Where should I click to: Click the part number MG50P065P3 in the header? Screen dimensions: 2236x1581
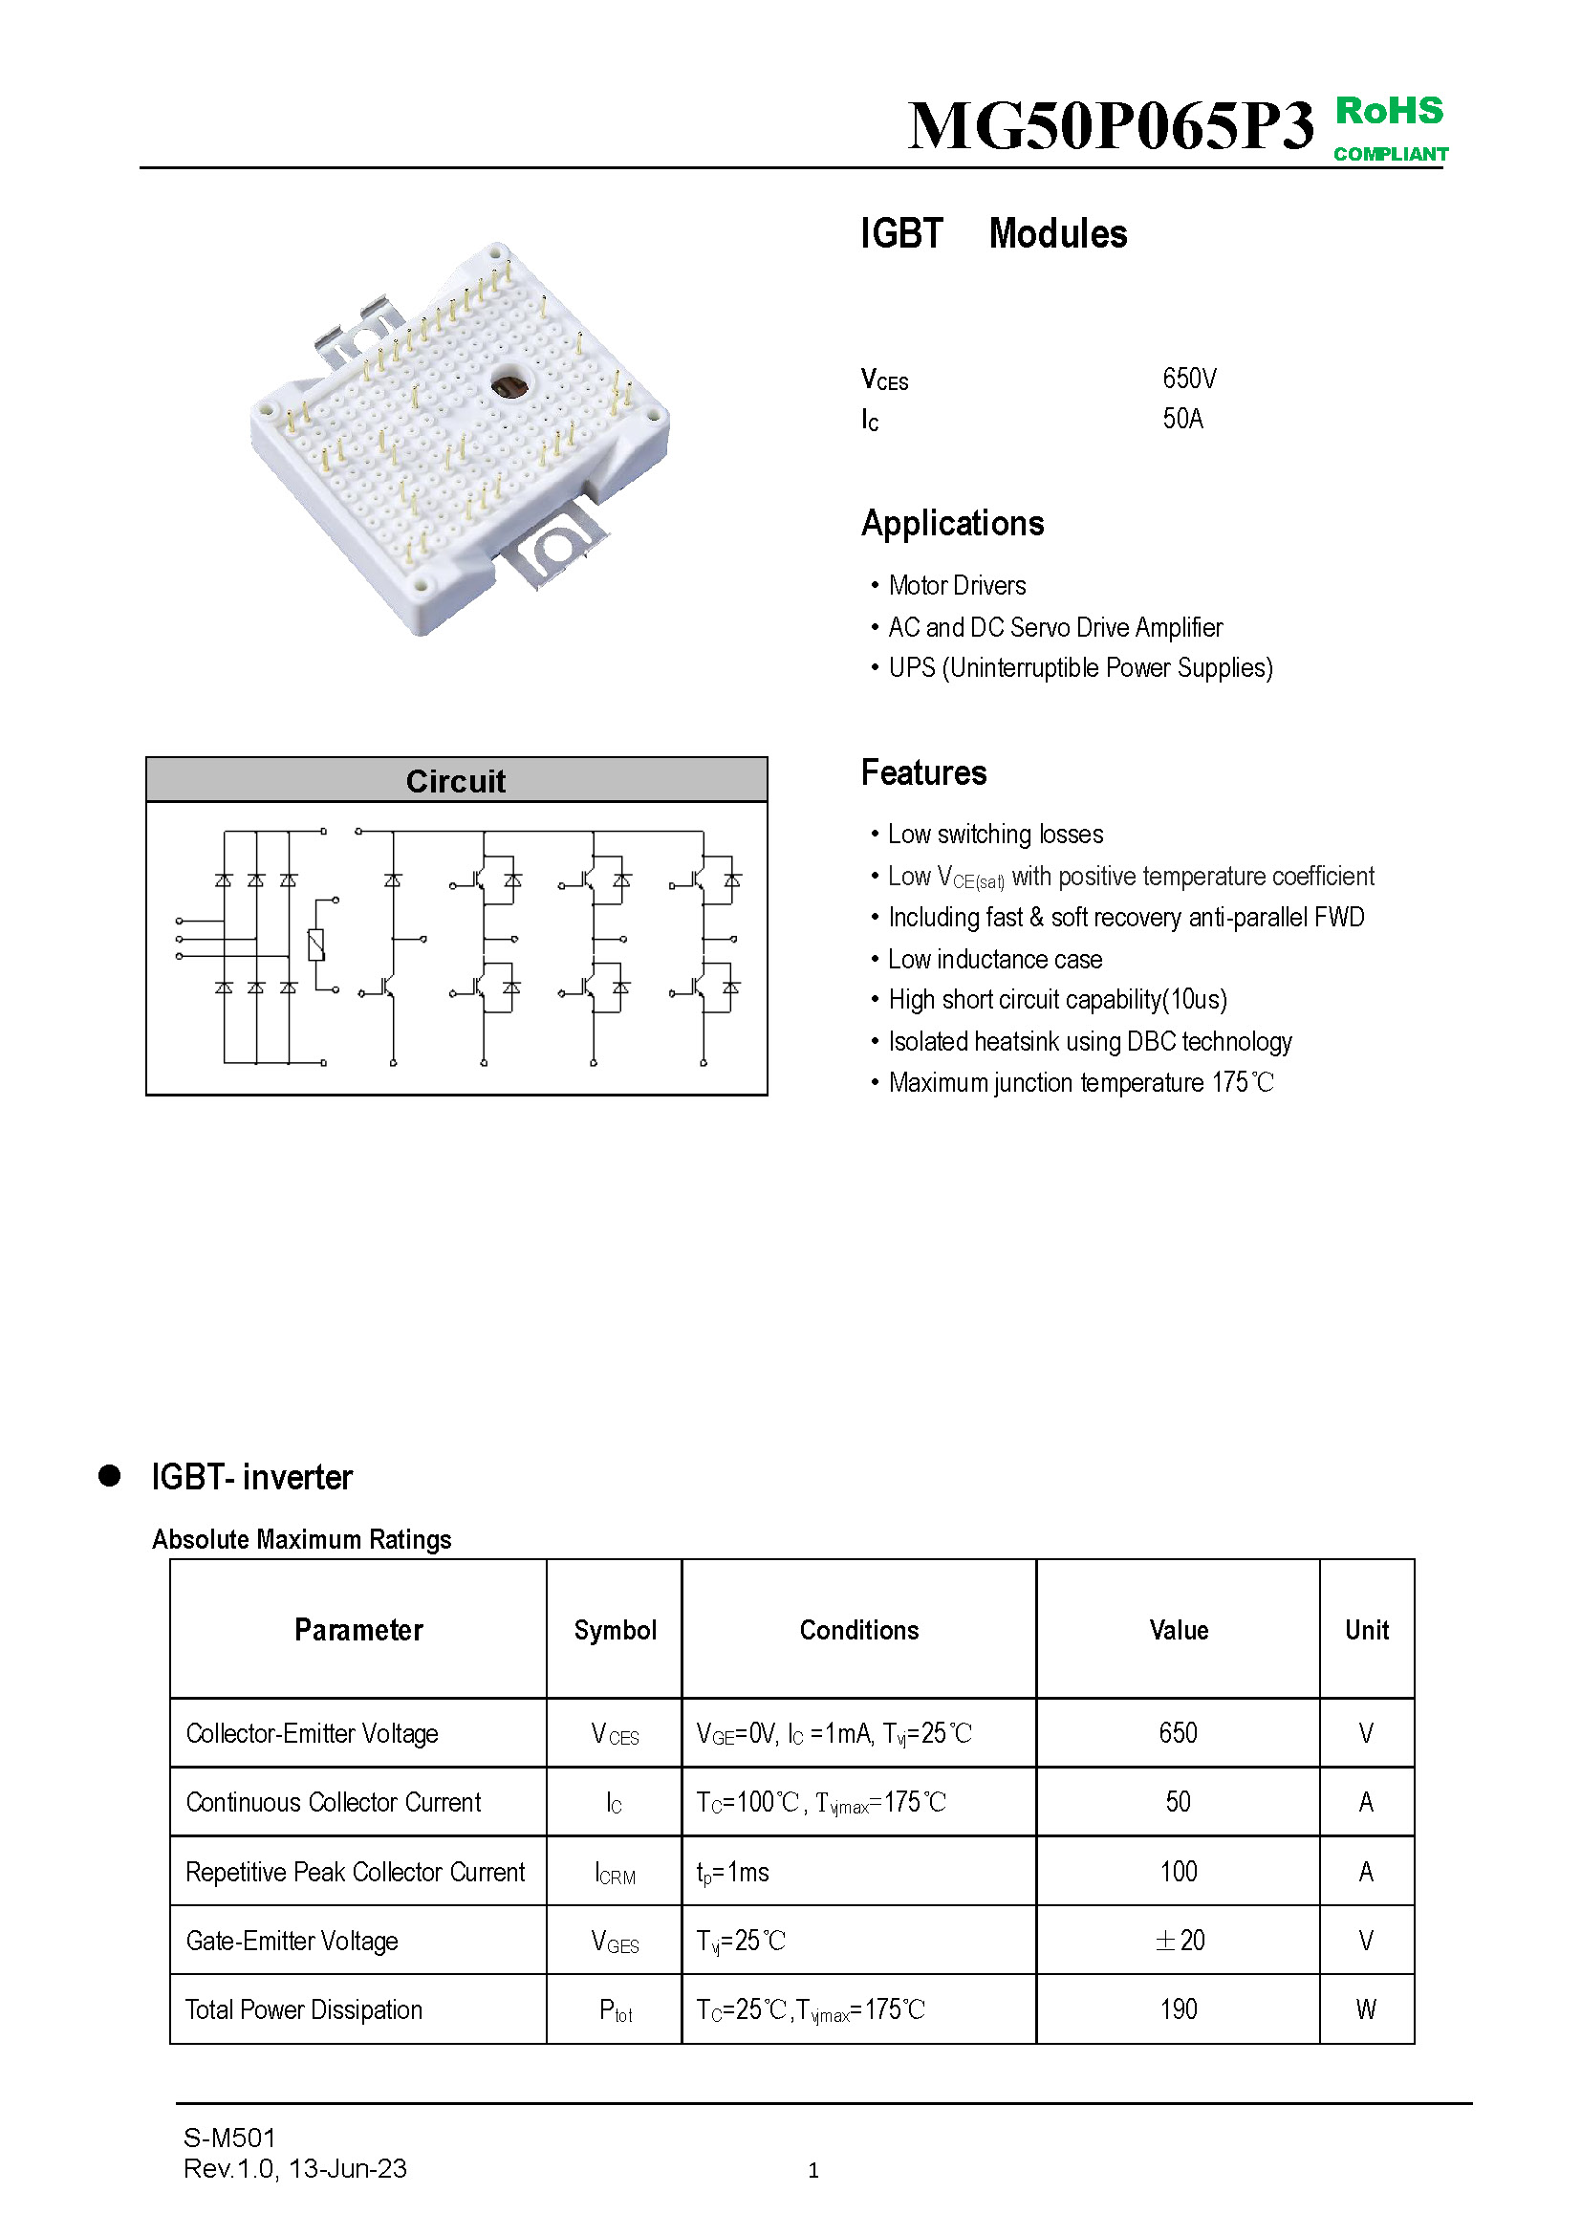[1110, 126]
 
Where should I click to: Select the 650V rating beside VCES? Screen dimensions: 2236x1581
[1189, 379]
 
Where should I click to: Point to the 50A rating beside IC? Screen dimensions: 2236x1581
[1182, 419]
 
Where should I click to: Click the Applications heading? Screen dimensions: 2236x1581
[952, 524]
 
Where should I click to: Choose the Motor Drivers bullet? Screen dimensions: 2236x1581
[956, 586]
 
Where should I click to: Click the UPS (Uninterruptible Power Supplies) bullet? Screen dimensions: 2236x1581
[1079, 668]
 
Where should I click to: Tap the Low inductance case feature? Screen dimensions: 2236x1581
[994, 959]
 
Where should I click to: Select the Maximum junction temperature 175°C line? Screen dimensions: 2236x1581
[1079, 1083]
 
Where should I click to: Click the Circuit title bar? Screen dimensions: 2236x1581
[456, 781]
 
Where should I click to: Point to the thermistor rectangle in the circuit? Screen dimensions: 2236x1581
[316, 944]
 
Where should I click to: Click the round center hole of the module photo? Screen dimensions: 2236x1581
[509, 385]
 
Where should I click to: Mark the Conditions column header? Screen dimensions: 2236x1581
[858, 1630]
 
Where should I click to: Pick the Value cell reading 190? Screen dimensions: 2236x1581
[1178, 2009]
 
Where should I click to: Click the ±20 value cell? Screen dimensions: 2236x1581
[1179, 1940]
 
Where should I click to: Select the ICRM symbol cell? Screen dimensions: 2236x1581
[616, 1873]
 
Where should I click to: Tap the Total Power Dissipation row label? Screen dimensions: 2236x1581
[304, 2010]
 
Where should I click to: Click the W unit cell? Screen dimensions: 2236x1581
[1366, 2009]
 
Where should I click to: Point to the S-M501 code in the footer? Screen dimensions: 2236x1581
[229, 2138]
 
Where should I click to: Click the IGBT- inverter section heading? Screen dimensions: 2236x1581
[251, 1477]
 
